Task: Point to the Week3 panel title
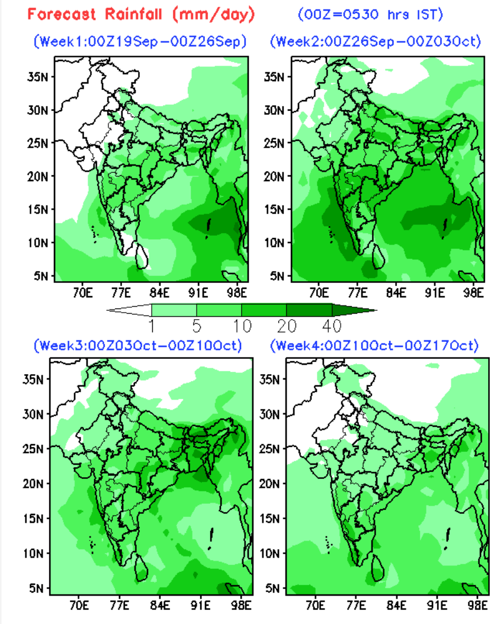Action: click(x=137, y=346)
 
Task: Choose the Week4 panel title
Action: click(x=373, y=346)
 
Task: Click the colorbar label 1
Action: click(x=152, y=325)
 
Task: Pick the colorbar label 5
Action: click(x=197, y=325)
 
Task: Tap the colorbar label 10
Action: click(x=242, y=325)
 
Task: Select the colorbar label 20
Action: click(x=287, y=325)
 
